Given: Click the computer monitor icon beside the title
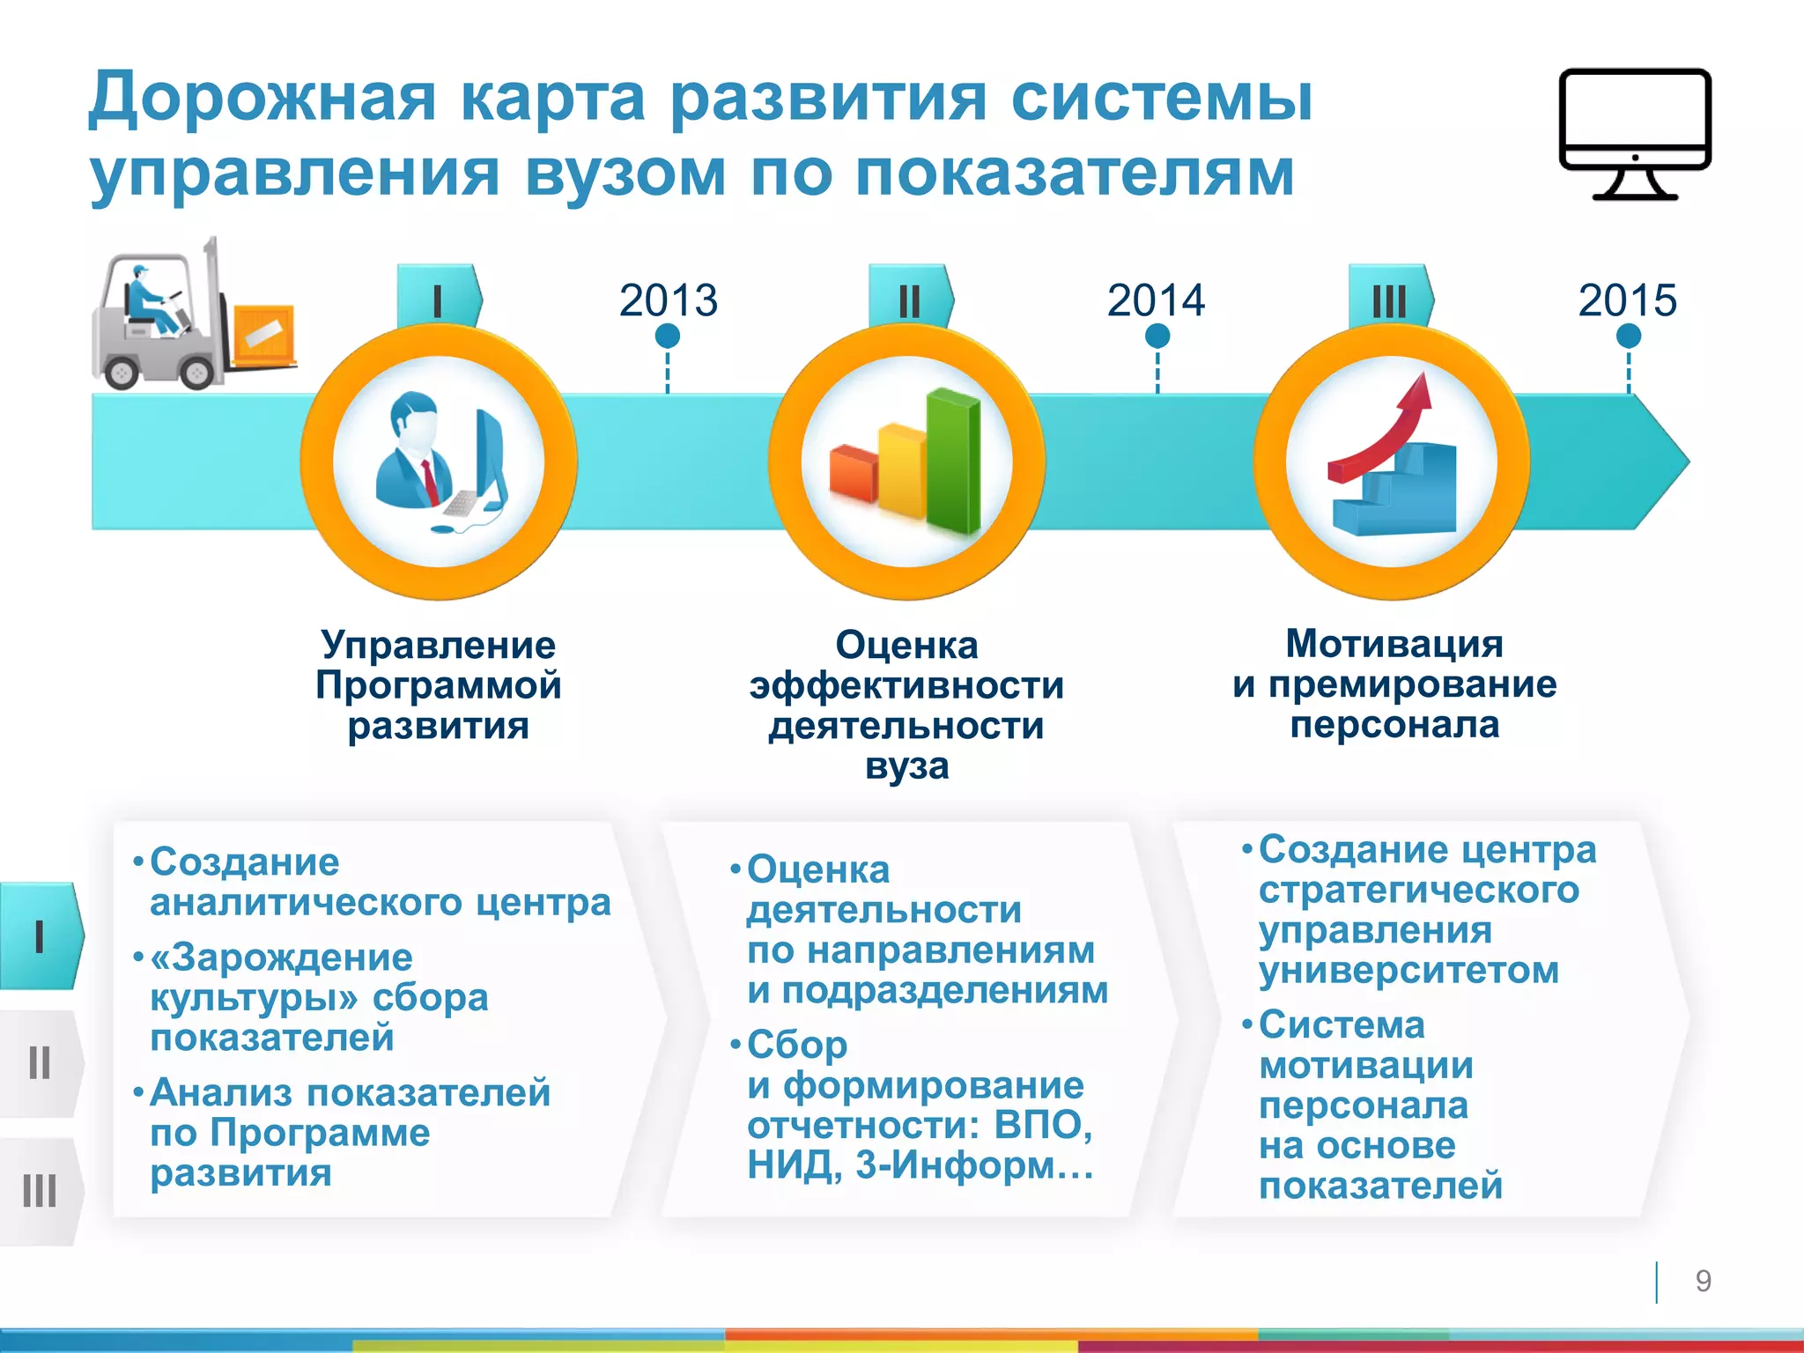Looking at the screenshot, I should (x=1635, y=132).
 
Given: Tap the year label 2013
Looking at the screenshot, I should (x=668, y=300).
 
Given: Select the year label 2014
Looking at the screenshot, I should (x=1156, y=300).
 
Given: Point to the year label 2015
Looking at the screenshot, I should (x=1627, y=300).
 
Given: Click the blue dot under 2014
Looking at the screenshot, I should (x=1157, y=336).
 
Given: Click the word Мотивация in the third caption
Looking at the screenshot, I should (x=1394, y=643).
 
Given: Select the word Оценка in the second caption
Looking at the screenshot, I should (x=906, y=645).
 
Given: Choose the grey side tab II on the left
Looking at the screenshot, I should (x=40, y=1063).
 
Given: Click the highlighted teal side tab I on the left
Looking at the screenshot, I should (x=40, y=935).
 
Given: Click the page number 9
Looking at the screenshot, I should (x=1703, y=1280).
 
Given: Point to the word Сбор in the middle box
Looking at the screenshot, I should (x=797, y=1046).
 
